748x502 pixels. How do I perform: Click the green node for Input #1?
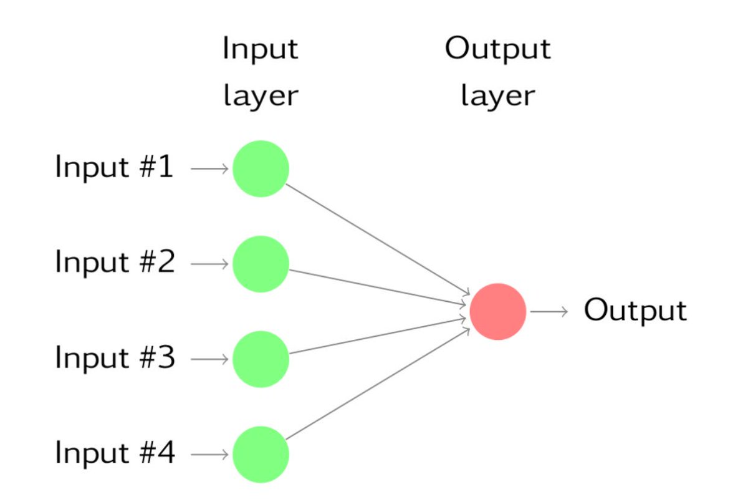261,168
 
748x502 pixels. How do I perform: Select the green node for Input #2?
261,264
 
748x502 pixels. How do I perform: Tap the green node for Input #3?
261,359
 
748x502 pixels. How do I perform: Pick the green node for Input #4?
261,455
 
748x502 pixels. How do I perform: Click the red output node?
497,311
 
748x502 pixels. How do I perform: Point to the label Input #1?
115,168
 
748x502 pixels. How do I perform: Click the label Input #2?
115,263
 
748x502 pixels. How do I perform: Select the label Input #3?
115,359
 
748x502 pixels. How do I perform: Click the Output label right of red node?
635,311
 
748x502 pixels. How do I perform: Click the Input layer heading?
261,72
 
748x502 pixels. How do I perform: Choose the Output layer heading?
497,72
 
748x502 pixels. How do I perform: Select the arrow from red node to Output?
549,311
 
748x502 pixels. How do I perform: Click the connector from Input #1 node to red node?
377,238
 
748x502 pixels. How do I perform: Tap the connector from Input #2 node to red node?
377,287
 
